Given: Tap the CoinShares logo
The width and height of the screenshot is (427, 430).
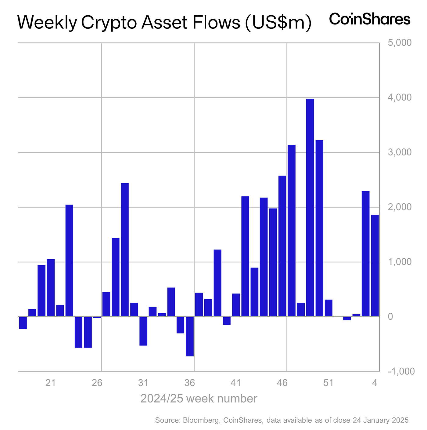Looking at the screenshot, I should point(370,19).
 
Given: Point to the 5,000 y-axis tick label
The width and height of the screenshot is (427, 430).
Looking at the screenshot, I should point(399,43).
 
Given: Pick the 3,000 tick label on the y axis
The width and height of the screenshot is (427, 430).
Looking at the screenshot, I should point(399,152).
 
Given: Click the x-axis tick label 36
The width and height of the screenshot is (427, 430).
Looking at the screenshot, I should point(190,383).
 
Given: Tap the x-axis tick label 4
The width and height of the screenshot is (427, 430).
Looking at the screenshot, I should point(375,383).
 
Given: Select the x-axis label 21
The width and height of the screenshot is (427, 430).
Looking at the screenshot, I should point(51,383).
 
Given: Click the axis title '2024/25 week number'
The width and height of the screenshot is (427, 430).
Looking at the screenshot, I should point(199,399).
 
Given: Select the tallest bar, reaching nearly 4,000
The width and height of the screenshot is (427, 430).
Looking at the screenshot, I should point(310,208).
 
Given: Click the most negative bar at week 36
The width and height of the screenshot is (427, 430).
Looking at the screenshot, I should point(190,336).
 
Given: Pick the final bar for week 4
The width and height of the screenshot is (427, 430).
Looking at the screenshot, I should point(375,266).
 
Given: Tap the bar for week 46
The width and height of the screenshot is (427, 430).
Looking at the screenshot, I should point(282,246).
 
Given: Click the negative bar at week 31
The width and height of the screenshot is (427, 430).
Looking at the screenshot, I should point(143,331).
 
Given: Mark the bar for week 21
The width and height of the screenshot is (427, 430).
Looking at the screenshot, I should point(51,288).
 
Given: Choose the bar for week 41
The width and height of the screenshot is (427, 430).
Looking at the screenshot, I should point(236,305).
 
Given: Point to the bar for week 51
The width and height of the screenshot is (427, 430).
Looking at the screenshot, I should point(328,308).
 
